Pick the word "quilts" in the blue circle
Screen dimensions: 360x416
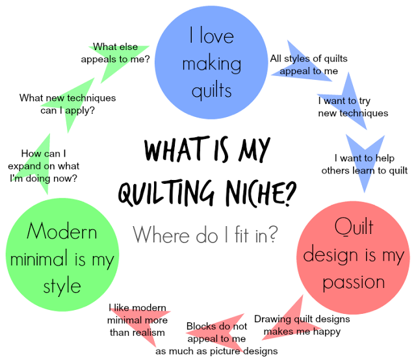pyautogui.click(x=211, y=90)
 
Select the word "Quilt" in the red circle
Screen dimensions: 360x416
pyautogui.click(x=354, y=228)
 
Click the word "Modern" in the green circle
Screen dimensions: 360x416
pyautogui.click(x=62, y=231)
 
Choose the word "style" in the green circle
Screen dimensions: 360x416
pyautogui.click(x=62, y=287)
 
